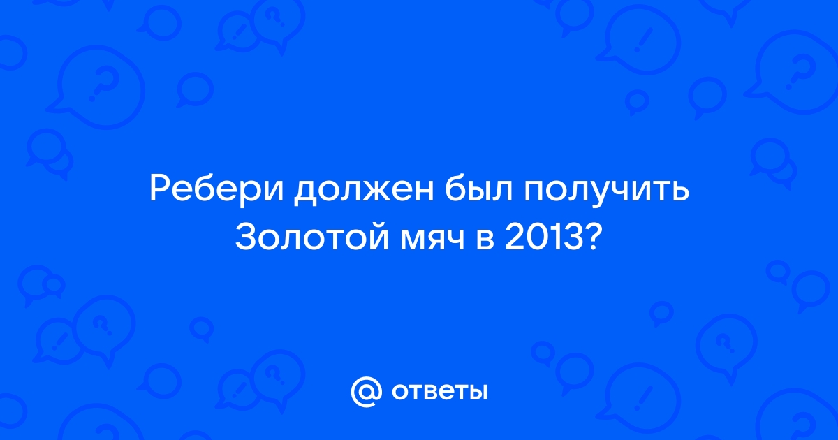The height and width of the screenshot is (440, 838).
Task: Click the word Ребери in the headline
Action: (216, 191)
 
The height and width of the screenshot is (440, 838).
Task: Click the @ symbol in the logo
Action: (366, 392)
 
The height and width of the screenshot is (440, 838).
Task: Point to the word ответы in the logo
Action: (439, 392)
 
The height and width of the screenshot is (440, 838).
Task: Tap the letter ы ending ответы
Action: (476, 392)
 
